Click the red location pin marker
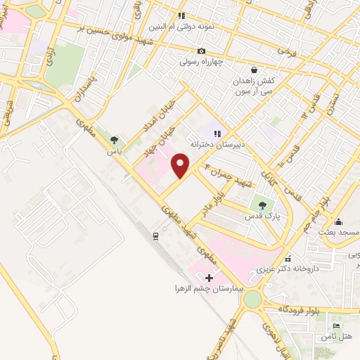point(181,165)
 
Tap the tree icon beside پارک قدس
point(262,205)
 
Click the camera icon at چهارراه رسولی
point(202,51)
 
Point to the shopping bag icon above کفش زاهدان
point(254,71)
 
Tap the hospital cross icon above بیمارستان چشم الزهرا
point(209,278)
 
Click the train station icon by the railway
point(155,236)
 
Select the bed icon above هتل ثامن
point(335,328)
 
